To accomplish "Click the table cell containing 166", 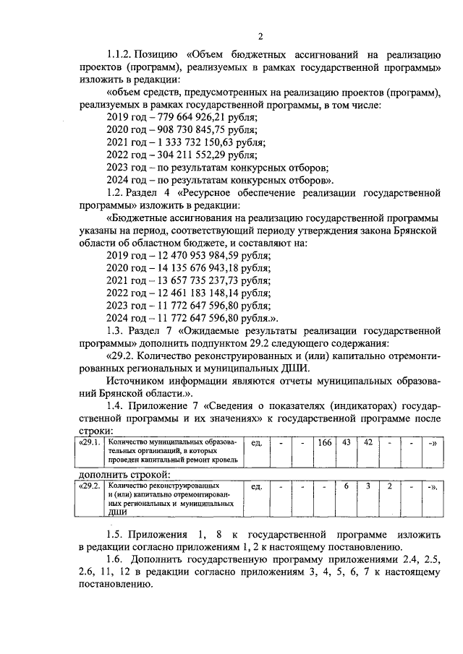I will pyautogui.click(x=323, y=443).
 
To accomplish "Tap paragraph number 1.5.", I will pyautogui.click(x=116, y=535).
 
